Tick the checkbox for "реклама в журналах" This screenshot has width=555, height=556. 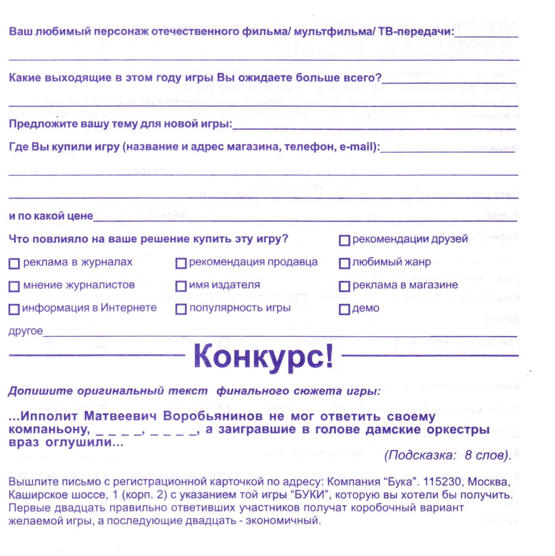click(14, 263)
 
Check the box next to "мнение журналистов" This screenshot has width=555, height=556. click(14, 286)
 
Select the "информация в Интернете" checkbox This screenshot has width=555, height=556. click(14, 309)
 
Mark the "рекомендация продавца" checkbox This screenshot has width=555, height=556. click(181, 263)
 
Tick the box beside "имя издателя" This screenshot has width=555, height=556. click(181, 286)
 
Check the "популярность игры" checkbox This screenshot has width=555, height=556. click(181, 309)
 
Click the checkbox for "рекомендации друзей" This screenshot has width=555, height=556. click(344, 240)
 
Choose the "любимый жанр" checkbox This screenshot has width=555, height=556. click(344, 263)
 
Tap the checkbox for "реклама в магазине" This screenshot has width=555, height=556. click(344, 286)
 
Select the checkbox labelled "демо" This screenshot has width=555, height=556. click(344, 309)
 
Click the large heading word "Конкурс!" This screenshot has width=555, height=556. click(263, 356)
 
